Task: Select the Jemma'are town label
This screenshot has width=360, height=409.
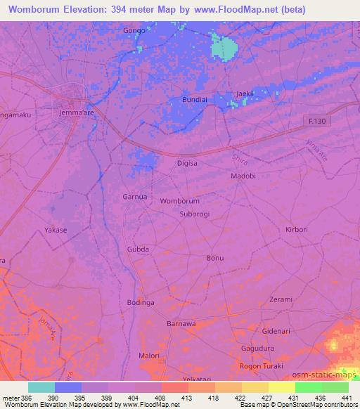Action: pos(77,112)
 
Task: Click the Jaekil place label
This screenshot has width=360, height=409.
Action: pos(245,93)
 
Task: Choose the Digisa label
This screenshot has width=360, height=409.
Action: pos(187,163)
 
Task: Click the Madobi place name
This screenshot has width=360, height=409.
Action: pos(243,176)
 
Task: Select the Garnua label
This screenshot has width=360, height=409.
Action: pos(135,197)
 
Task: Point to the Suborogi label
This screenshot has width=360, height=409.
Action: pos(195,214)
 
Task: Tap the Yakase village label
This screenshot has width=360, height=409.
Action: pos(56,230)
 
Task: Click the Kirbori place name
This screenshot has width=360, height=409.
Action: pos(297,230)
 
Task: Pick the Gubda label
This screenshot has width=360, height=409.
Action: pos(137,249)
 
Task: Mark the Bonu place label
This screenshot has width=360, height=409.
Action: pos(214,258)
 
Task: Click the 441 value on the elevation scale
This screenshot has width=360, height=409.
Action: pos(347,397)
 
